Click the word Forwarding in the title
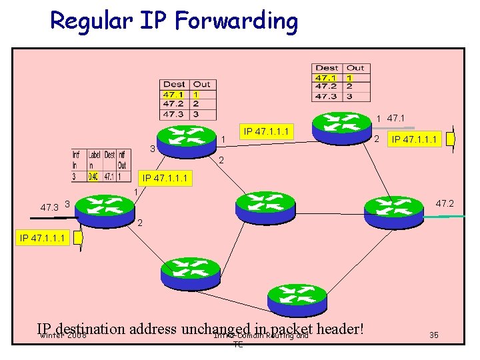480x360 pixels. tap(237, 21)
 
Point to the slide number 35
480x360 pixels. tap(435, 335)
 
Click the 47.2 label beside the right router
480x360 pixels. tap(445, 203)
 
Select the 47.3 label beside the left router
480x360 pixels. tap(49, 208)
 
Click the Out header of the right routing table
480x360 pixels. tap(355, 68)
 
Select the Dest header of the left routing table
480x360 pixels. tap(174, 85)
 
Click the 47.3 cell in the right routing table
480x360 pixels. tap(326, 96)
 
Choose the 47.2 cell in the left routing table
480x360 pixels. tap(174, 103)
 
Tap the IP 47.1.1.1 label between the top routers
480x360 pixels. tap(266, 131)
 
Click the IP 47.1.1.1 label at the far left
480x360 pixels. tap(43, 237)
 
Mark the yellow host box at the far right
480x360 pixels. tap(451, 139)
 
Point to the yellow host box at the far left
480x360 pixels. tap(78, 237)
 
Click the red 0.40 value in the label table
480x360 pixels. tap(93, 177)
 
